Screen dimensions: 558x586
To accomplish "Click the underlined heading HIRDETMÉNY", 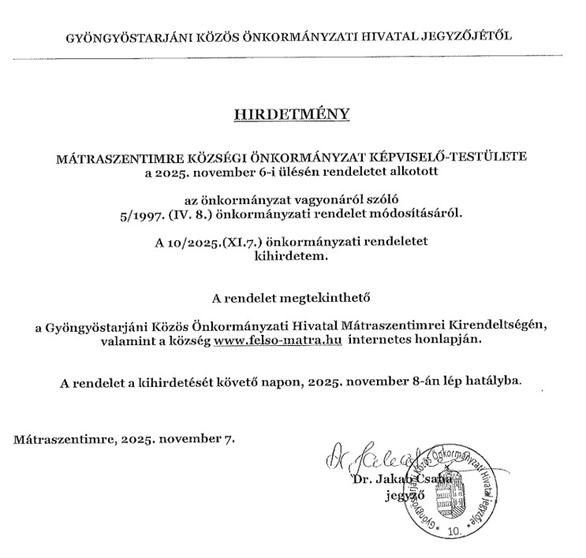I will point(292,113).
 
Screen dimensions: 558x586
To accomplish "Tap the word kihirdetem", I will point(292,255).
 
